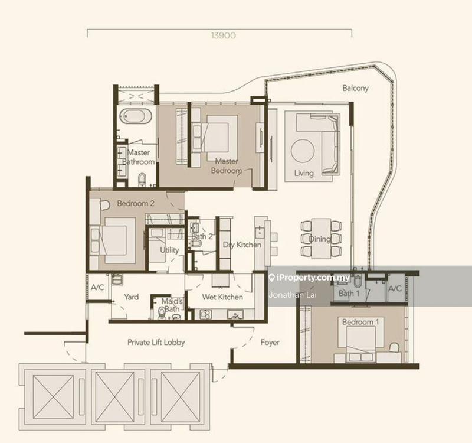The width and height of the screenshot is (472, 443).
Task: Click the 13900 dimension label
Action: (224, 35)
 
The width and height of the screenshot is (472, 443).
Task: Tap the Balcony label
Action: (356, 88)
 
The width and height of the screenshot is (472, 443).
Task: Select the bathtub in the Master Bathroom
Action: (136, 116)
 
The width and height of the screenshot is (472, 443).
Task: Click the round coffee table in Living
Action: (303, 150)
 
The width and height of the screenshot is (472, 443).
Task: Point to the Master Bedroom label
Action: (227, 166)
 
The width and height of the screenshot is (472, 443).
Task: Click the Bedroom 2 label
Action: (136, 203)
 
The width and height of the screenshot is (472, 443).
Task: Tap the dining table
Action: (321, 239)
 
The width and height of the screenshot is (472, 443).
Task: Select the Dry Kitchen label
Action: (242, 245)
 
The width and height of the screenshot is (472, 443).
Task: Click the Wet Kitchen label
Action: (222, 297)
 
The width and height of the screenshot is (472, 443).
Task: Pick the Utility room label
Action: (169, 250)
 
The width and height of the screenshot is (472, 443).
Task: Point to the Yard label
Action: (131, 297)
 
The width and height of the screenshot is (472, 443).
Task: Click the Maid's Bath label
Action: (172, 305)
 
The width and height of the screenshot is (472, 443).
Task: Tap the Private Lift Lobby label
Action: (156, 343)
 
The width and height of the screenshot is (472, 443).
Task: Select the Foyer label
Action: (270, 343)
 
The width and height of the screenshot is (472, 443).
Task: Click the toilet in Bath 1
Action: (358, 281)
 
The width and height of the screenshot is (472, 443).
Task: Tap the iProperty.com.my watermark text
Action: (313, 278)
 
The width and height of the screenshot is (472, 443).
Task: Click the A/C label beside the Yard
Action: (97, 288)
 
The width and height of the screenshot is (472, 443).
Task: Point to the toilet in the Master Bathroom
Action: (142, 180)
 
